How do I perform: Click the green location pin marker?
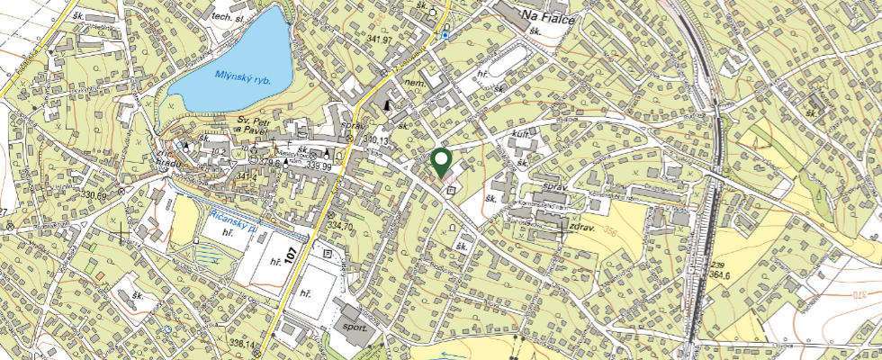441,162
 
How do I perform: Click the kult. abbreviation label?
519,131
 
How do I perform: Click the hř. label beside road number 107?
276,262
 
